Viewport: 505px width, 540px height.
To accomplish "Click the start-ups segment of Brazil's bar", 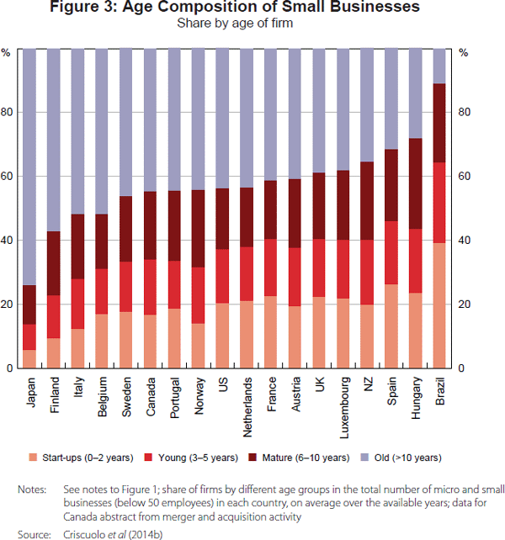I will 439,305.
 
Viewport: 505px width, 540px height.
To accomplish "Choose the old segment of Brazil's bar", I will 439,66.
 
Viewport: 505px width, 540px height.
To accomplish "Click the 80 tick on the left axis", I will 8,113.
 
